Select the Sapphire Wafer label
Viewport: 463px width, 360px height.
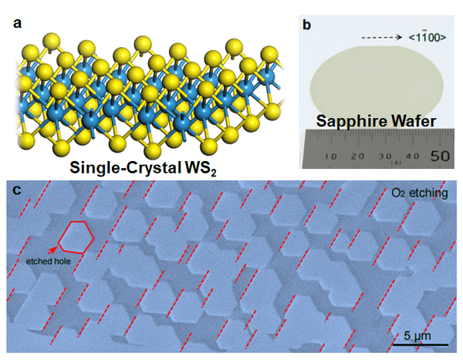click(x=373, y=120)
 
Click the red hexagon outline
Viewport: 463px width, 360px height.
click(x=77, y=237)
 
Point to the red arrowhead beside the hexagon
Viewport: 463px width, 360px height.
click(x=54, y=249)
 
